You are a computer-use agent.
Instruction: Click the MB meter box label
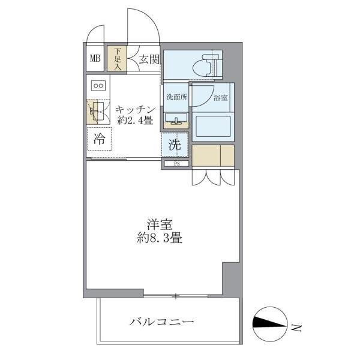95,58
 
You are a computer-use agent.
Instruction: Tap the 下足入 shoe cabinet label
118,58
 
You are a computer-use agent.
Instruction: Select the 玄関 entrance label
148,59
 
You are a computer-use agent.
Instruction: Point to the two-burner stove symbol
98,85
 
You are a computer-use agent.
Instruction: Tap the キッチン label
136,109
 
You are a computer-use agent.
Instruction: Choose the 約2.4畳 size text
136,120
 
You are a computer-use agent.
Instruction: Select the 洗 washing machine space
174,144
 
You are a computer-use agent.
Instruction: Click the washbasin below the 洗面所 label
175,118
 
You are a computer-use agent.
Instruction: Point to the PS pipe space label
176,163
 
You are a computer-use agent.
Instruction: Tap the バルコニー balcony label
162,322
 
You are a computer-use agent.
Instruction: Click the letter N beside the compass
295,328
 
